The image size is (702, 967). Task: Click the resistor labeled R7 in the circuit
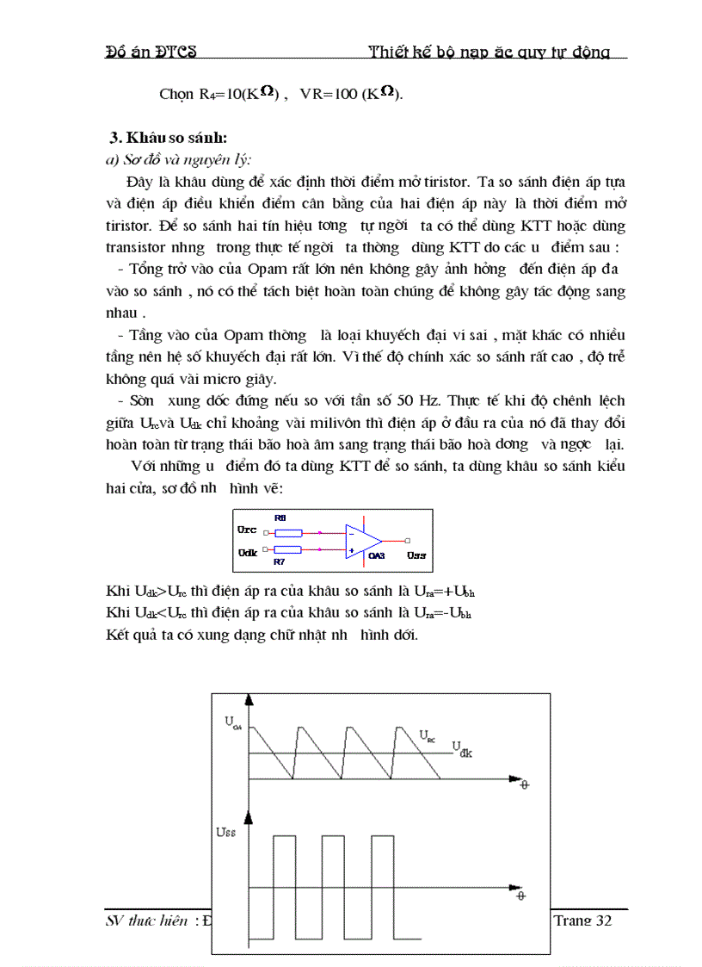(288, 549)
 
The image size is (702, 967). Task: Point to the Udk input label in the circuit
(247, 549)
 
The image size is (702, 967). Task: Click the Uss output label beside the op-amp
(416, 555)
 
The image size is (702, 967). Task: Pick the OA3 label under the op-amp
(376, 556)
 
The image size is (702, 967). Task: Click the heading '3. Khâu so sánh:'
(169, 138)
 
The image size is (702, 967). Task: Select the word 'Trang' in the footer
(571, 921)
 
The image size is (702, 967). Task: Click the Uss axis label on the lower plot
(226, 834)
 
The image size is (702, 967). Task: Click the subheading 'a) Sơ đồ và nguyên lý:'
(178, 158)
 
